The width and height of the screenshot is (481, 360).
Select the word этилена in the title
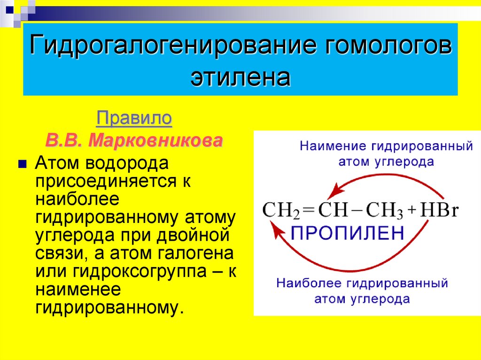[x=240, y=77]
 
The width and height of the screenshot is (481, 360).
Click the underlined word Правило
[x=134, y=118]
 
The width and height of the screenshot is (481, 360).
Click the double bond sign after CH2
[x=309, y=211]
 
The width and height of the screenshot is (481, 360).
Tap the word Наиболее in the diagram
[x=310, y=283]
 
